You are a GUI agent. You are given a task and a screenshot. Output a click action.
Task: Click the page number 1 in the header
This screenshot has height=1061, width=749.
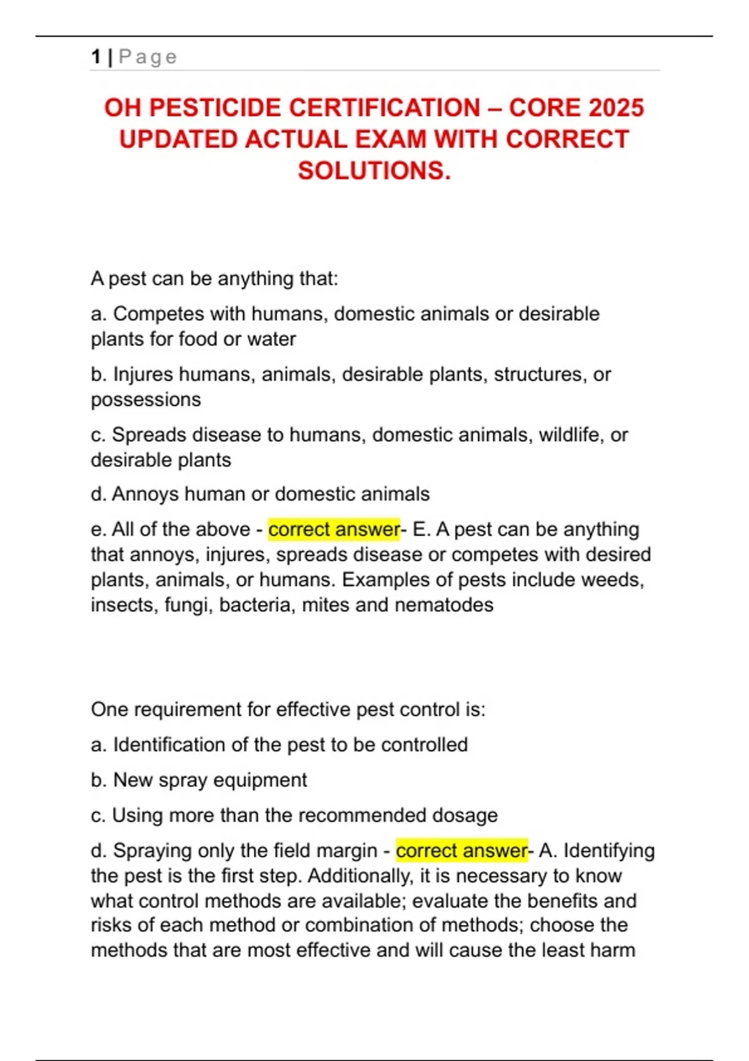point(95,57)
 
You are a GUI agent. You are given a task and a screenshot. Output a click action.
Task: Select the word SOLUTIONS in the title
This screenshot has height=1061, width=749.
point(373,170)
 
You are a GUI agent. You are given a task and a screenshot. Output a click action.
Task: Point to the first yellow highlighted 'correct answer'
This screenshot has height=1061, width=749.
point(334,529)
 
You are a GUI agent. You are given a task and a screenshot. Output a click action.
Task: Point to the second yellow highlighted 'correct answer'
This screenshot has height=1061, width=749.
point(462,850)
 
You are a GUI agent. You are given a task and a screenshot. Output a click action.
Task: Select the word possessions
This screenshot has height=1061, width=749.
point(145,399)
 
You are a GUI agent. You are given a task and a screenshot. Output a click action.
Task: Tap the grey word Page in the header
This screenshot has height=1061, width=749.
point(148,57)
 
